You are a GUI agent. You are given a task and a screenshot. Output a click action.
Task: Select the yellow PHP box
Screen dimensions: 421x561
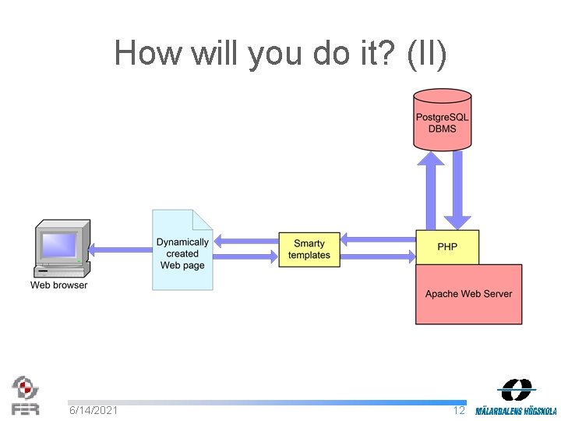[447, 247]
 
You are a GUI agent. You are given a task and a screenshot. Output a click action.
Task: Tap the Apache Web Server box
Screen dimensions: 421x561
[468, 294]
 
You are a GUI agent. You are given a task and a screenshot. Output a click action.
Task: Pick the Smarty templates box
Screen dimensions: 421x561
[309, 249]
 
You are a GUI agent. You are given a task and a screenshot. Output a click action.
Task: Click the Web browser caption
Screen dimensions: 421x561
[59, 285]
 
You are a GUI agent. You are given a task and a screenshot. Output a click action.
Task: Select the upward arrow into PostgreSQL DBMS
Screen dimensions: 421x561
[430, 190]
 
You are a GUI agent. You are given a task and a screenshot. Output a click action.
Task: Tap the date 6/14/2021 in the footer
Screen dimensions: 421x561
[93, 410]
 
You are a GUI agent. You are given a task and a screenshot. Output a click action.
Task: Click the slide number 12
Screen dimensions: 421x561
[459, 410]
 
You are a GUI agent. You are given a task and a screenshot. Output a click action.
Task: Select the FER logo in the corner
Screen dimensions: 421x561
[25, 395]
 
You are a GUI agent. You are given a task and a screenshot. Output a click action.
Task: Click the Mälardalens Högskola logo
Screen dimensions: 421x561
[516, 398]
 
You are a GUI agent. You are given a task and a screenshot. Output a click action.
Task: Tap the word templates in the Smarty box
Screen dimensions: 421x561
[309, 255]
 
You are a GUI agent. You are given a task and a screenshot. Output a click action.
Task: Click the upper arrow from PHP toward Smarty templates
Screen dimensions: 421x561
[379, 238]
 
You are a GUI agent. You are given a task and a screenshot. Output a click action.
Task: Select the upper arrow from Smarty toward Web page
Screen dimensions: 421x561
[245, 240]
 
